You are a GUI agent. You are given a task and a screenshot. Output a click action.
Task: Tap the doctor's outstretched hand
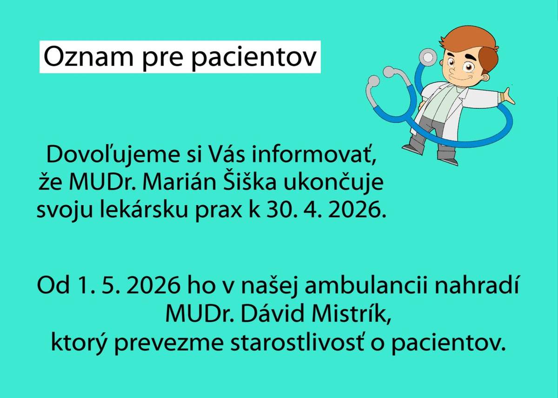(x=508, y=96)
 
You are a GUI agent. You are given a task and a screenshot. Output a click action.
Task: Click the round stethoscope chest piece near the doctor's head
(x=426, y=58)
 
